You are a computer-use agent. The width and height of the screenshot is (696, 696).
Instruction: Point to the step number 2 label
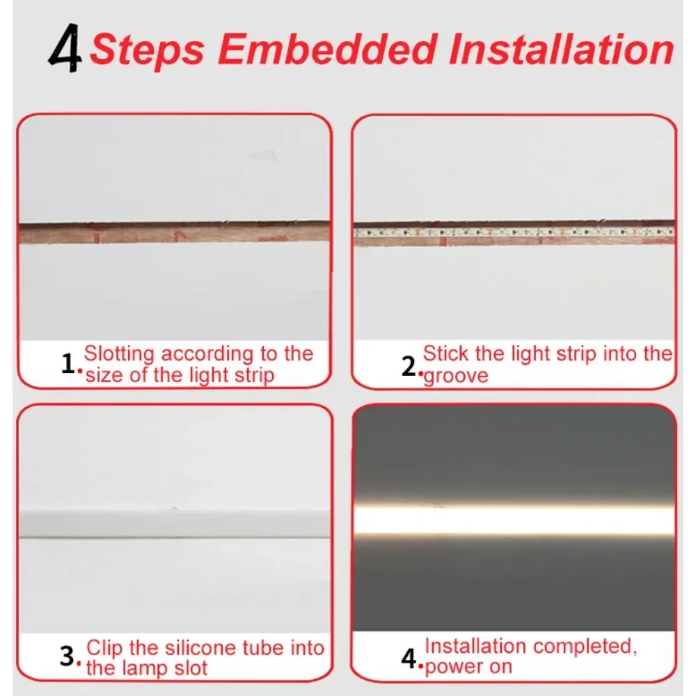tap(409, 365)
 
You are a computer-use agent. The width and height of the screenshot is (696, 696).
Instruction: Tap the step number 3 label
tap(67, 656)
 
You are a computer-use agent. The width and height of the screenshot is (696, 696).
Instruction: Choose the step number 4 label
tap(409, 658)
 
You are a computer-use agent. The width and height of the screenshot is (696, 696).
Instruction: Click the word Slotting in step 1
tap(118, 354)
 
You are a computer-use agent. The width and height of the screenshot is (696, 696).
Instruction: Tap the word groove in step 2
tap(457, 377)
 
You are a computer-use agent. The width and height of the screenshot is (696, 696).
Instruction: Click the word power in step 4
tap(452, 666)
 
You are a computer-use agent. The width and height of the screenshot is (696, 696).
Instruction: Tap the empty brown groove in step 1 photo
tap(174, 232)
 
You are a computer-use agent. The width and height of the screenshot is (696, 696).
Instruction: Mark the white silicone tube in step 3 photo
tap(174, 523)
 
